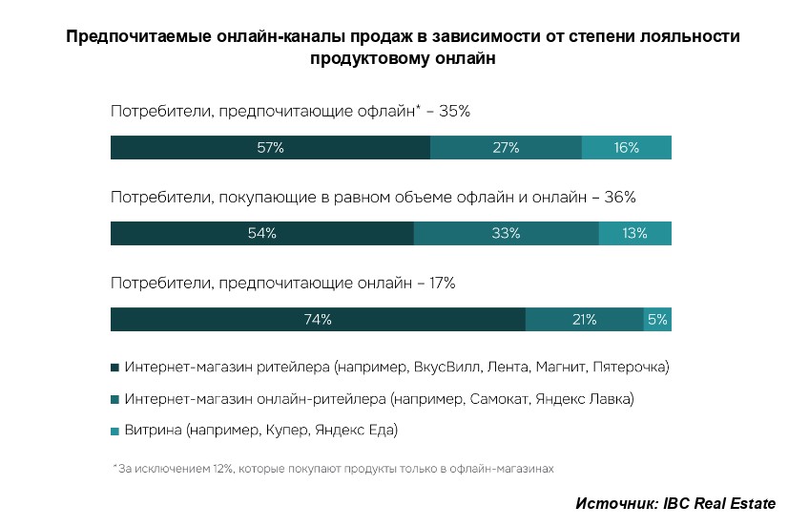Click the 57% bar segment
pos(270,148)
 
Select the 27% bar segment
pos(506,148)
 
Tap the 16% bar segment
pos(627,148)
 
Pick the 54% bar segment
pos(261,234)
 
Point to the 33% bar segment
pos(506,234)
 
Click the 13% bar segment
pos(635,234)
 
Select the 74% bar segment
pos(318,320)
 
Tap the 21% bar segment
pos(584,320)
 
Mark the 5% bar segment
pos(657,320)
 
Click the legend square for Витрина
pos(115,431)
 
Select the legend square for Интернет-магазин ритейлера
pos(115,367)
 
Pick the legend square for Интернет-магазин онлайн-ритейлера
pos(115,398)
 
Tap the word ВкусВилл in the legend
pos(445,367)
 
